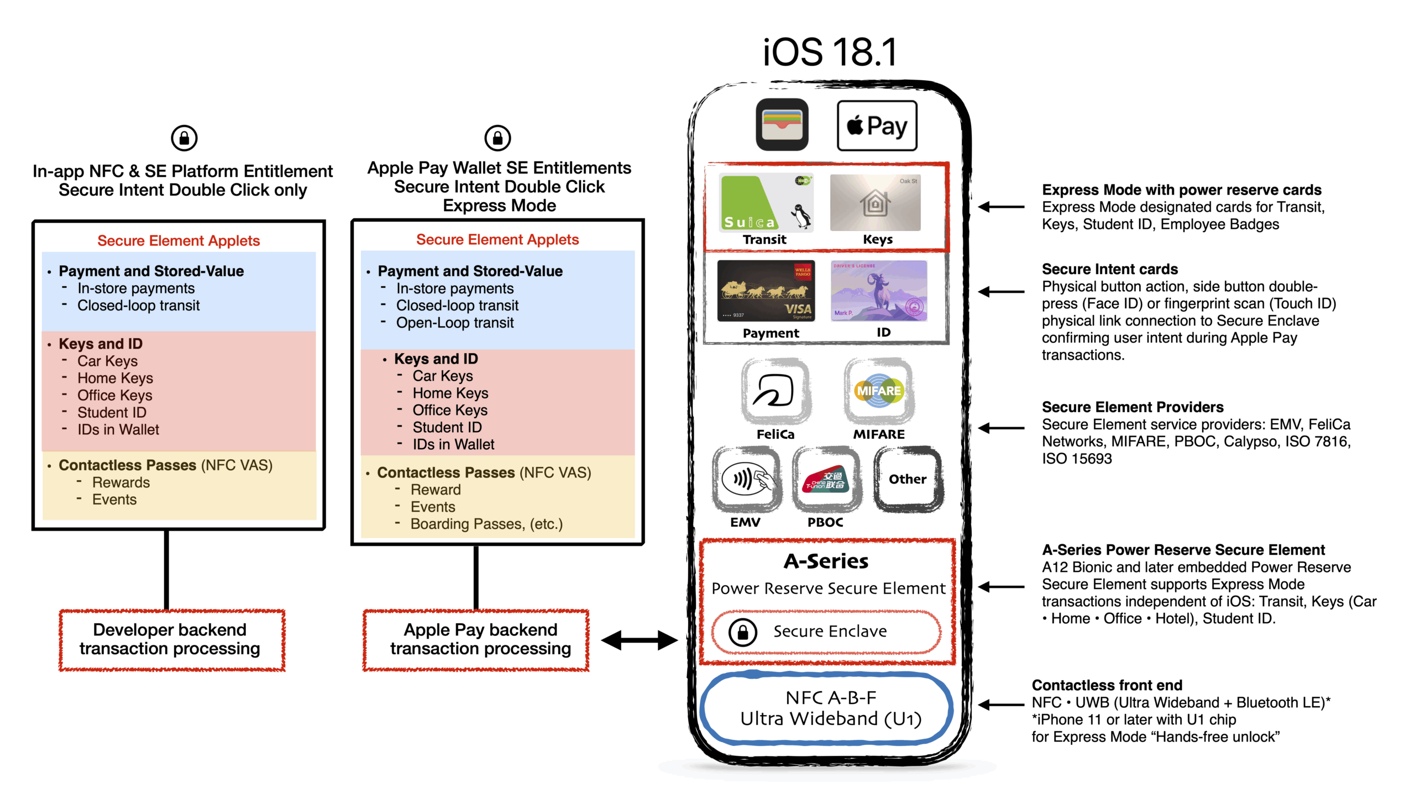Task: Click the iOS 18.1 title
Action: (830, 52)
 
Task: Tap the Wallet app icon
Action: (782, 125)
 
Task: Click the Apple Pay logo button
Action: (877, 126)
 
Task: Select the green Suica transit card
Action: (766, 203)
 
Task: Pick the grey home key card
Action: (875, 203)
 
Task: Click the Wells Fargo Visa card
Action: (766, 291)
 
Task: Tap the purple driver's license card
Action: (879, 291)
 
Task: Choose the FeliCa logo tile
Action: (775, 391)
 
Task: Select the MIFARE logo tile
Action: (878, 391)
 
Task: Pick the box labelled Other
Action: (907, 479)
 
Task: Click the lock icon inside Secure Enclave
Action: (742, 632)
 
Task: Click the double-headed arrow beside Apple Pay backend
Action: (639, 641)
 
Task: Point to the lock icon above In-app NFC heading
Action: (184, 138)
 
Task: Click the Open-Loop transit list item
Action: (454, 323)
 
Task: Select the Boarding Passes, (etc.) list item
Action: (486, 524)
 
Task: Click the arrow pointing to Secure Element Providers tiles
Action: (1001, 428)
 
